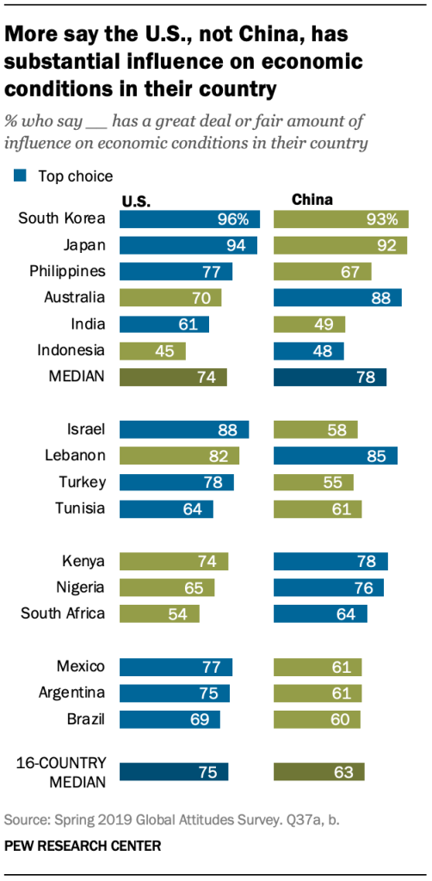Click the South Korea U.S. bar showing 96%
[x=189, y=219]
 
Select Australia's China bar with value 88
[x=337, y=298]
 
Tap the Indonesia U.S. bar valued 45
[x=152, y=350]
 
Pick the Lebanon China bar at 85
[x=336, y=455]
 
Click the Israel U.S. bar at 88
[x=184, y=429]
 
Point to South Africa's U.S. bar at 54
[x=159, y=613]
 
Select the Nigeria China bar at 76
[x=329, y=588]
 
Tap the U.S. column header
[x=136, y=201]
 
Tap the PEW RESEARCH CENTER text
[x=82, y=846]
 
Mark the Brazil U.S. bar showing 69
[x=170, y=718]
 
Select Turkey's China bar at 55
[x=315, y=482]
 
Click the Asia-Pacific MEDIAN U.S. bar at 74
[x=173, y=377]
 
